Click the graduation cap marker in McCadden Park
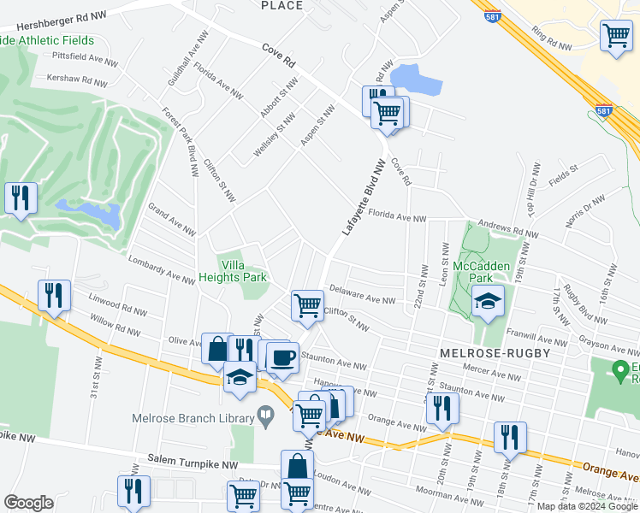(488, 301)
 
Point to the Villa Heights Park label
(233, 271)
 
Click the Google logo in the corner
(28, 503)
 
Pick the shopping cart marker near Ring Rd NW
(615, 36)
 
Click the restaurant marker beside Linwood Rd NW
(54, 296)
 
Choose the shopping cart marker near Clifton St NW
(306, 304)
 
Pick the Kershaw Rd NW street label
(72, 81)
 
